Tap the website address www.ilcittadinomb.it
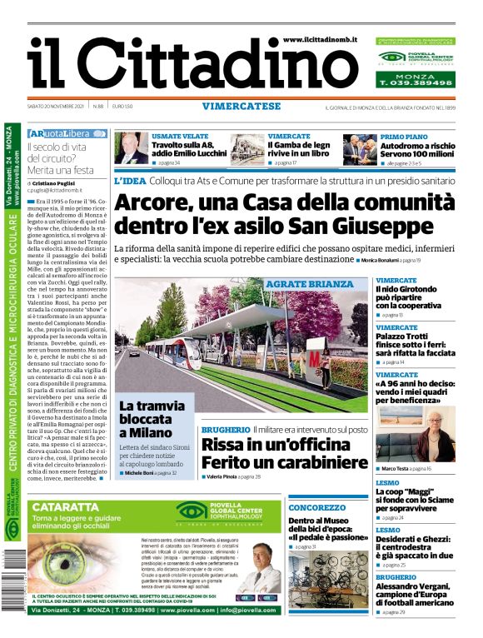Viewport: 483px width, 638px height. pyautogui.click(x=321, y=40)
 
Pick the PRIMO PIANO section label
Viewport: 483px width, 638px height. pyautogui.click(x=404, y=135)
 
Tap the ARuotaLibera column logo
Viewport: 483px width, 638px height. pyautogui.click(x=67, y=133)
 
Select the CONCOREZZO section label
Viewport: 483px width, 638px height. pyautogui.click(x=316, y=507)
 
